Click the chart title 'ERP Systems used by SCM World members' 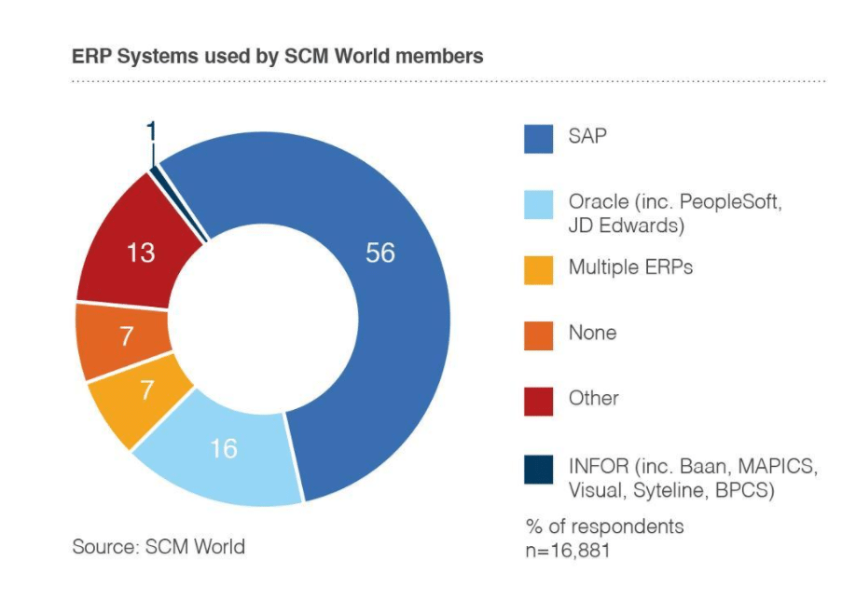[x=277, y=56]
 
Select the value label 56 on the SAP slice [x=380, y=253]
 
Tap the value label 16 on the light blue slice [x=224, y=449]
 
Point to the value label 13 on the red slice [x=141, y=253]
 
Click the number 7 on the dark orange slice [x=127, y=336]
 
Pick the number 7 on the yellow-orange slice [x=146, y=390]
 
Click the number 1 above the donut [x=151, y=132]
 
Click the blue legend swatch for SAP [x=538, y=140]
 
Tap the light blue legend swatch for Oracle [x=538, y=207]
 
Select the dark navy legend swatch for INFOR [x=538, y=469]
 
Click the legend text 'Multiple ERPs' [x=631, y=268]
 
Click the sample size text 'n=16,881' [x=569, y=550]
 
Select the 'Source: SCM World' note [x=159, y=547]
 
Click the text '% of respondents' [x=603, y=526]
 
